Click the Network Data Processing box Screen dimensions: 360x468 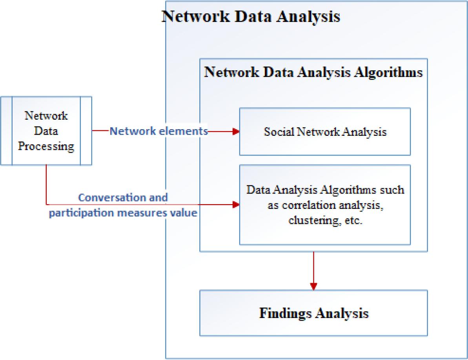coord(46,131)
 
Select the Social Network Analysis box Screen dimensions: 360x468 coord(325,132)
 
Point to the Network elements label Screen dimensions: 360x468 coord(158,132)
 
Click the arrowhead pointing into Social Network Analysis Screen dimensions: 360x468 coord(236,132)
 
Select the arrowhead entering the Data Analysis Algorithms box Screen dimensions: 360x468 coord(236,205)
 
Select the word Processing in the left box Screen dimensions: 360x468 coord(46,146)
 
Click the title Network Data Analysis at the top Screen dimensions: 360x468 coord(251,17)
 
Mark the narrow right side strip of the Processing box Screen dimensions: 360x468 coord(86,131)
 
